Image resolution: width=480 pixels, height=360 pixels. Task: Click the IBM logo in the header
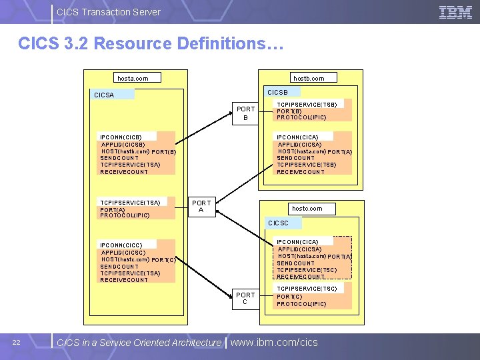tap(456, 11)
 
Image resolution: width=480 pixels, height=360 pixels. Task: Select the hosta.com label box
tap(132, 78)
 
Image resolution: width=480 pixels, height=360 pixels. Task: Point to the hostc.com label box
tap(307, 209)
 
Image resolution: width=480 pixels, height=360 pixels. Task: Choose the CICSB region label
tap(281, 92)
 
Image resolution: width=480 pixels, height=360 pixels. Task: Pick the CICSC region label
tap(280, 223)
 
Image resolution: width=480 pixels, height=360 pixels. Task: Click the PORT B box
tap(245, 113)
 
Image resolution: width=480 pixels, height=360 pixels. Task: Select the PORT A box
tap(201, 207)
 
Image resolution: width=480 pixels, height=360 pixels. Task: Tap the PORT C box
tap(245, 299)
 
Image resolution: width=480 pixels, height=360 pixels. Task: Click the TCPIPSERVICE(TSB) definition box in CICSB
tap(312, 111)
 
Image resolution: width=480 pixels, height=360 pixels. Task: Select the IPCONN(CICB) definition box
tap(136, 154)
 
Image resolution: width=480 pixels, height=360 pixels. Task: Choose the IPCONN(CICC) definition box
tap(136, 262)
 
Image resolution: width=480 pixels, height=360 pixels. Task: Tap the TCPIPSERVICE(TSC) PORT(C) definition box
tap(312, 296)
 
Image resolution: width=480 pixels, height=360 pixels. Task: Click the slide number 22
tap(17, 343)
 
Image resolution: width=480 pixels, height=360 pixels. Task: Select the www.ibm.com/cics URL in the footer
tap(274, 343)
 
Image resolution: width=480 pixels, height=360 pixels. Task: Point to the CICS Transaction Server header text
tap(109, 11)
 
